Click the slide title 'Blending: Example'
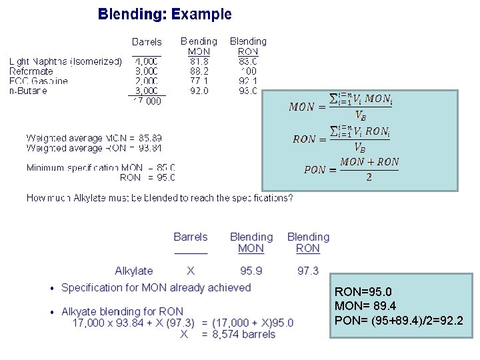(165, 14)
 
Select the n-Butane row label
(28, 91)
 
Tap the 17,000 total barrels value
(146, 101)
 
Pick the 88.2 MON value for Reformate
(198, 71)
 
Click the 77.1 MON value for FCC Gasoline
(198, 81)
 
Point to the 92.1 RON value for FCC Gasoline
(247, 81)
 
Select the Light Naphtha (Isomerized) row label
(65, 61)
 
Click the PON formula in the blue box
(351, 169)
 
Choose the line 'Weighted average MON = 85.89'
(93, 138)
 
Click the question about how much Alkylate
(159, 198)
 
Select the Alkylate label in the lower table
(133, 271)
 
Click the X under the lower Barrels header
(191, 271)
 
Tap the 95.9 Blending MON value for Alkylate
(251, 271)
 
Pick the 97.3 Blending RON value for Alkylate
(308, 271)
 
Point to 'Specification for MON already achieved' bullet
(156, 287)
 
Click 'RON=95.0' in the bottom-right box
(363, 292)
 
